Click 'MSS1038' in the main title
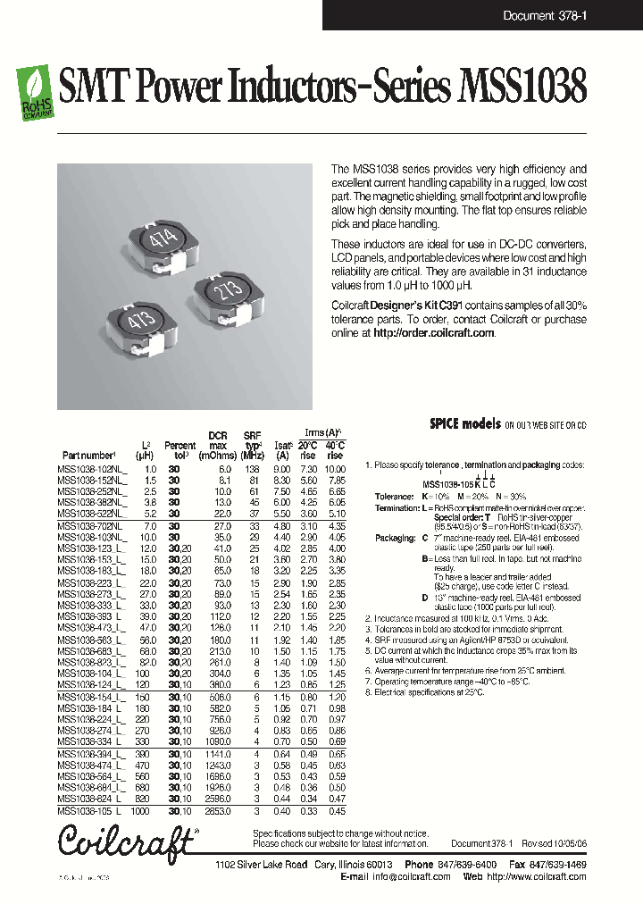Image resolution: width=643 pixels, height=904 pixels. (x=522, y=90)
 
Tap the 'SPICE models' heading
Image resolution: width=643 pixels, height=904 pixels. (x=464, y=424)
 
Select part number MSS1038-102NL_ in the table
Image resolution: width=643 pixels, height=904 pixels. (x=93, y=469)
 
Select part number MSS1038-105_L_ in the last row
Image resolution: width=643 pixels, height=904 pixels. (x=92, y=811)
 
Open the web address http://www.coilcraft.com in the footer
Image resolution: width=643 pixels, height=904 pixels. (x=538, y=877)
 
